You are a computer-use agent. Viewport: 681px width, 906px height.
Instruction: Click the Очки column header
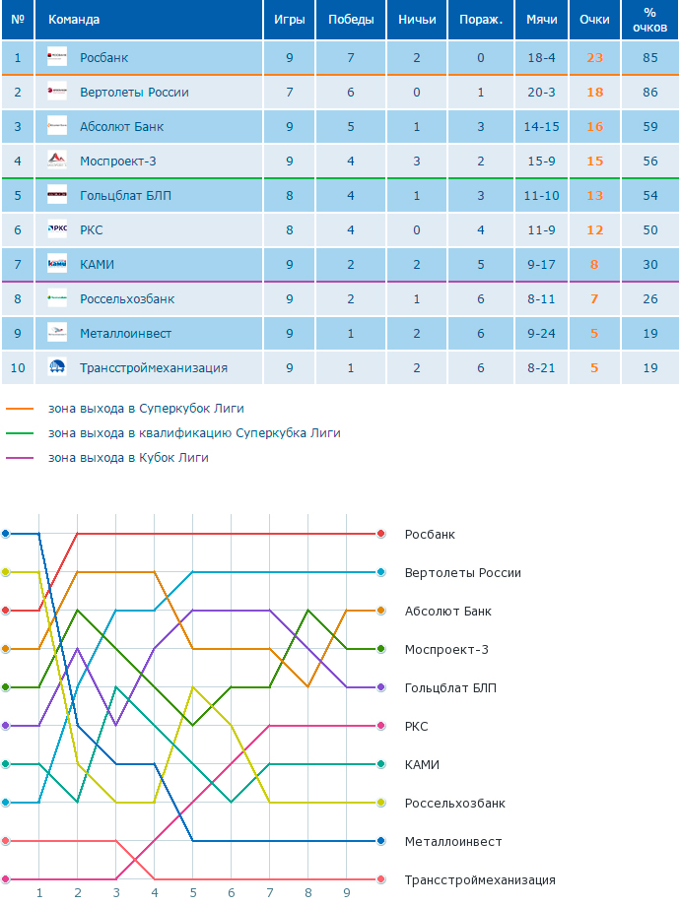tap(594, 20)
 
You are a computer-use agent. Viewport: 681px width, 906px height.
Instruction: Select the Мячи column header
tap(542, 20)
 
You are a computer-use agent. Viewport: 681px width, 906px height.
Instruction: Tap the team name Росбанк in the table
tap(104, 58)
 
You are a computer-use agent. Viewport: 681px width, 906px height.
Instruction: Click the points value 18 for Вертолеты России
tap(595, 93)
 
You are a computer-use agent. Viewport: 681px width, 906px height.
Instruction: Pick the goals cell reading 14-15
tap(542, 126)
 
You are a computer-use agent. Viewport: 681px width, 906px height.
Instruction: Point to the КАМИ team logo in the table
tap(57, 264)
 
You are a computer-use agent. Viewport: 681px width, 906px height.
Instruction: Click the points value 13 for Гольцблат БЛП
tap(595, 196)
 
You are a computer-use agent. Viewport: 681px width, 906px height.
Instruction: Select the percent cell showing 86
tap(650, 93)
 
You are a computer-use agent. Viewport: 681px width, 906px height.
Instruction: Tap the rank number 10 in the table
tap(18, 368)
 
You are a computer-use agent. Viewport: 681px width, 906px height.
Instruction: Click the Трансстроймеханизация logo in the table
tap(57, 367)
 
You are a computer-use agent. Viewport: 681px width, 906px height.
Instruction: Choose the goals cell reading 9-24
tap(542, 334)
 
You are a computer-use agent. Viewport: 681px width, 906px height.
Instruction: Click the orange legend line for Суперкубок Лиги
tap(20, 409)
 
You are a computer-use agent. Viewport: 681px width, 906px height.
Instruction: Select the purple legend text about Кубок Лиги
tap(128, 458)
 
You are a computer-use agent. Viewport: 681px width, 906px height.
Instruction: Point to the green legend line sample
tap(20, 433)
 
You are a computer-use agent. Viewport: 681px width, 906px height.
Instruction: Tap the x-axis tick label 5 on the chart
tap(193, 893)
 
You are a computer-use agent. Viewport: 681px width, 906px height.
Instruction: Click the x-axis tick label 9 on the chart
tap(347, 893)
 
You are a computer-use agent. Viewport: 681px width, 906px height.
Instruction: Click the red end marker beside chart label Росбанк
tap(381, 534)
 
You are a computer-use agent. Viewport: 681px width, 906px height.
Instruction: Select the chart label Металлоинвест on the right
tap(453, 842)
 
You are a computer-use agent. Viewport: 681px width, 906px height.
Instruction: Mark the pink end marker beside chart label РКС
tap(381, 726)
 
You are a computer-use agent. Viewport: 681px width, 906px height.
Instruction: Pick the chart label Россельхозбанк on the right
tap(455, 804)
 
